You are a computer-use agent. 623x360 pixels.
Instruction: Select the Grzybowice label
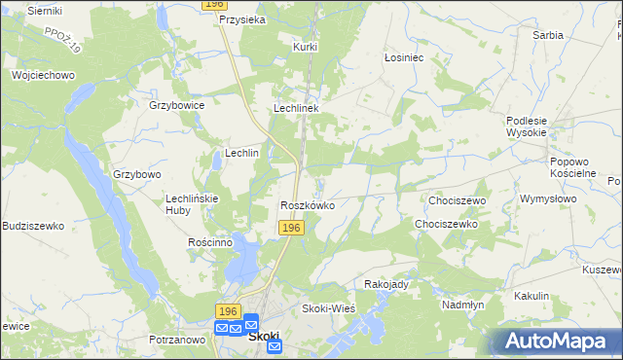coord(176,105)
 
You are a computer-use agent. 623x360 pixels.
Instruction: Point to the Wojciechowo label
coord(43,74)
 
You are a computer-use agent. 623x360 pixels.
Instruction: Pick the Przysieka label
coord(243,19)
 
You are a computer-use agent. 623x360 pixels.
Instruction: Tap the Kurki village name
coord(306,46)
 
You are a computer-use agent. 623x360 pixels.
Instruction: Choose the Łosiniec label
coord(403,57)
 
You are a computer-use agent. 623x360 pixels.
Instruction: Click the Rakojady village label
coord(385,284)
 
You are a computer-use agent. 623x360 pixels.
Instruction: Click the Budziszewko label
coord(33,226)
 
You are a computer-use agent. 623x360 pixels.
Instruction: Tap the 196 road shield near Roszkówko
coord(292,227)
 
